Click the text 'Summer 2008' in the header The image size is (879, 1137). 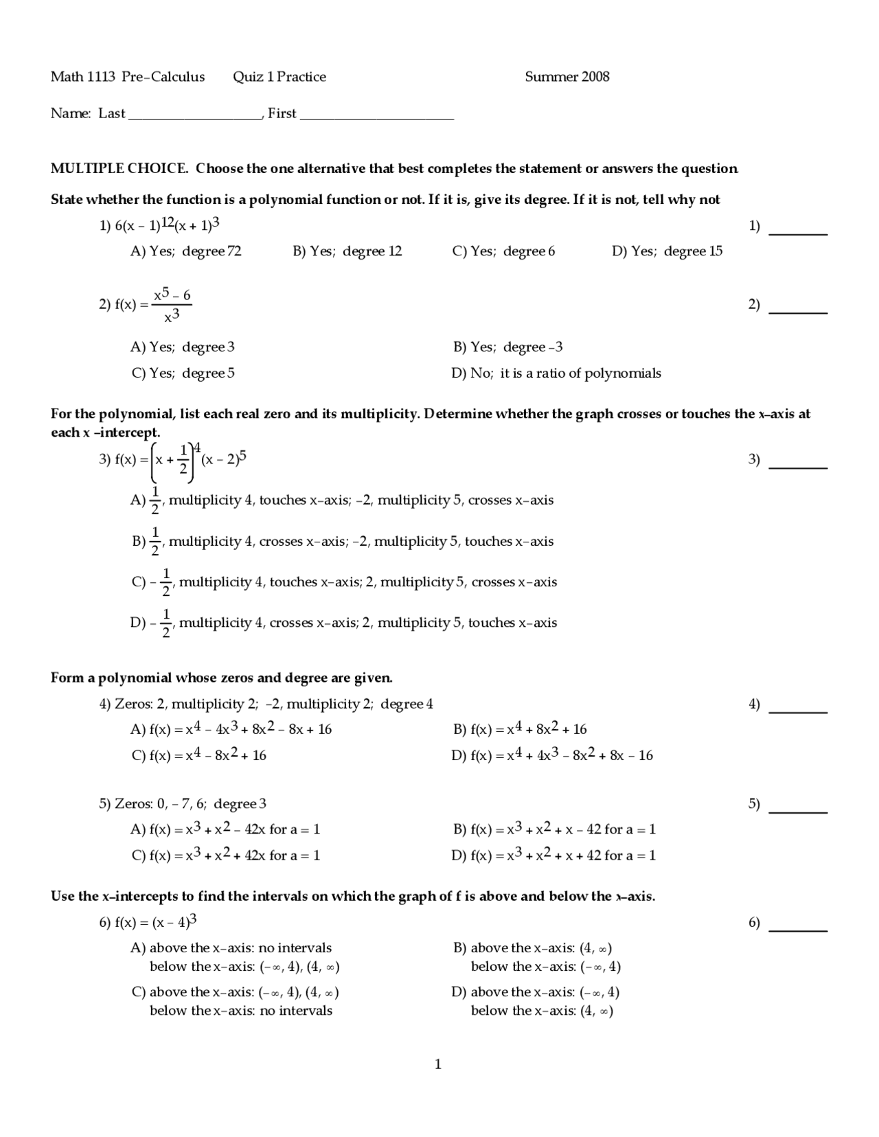tap(567, 77)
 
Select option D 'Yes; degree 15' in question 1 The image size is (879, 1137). tap(667, 251)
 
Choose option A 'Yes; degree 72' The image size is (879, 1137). tap(186, 251)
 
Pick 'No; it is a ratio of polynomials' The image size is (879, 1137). tap(556, 374)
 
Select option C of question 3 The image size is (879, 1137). tap(344, 582)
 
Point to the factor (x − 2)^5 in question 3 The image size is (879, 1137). tap(223, 458)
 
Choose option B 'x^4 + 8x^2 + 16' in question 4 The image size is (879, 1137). tap(520, 729)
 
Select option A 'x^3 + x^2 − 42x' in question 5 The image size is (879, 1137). tap(225, 829)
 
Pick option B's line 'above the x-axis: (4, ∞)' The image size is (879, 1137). tap(532, 948)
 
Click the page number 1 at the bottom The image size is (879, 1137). tap(438, 1065)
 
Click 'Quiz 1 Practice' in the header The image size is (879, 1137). tap(279, 77)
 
